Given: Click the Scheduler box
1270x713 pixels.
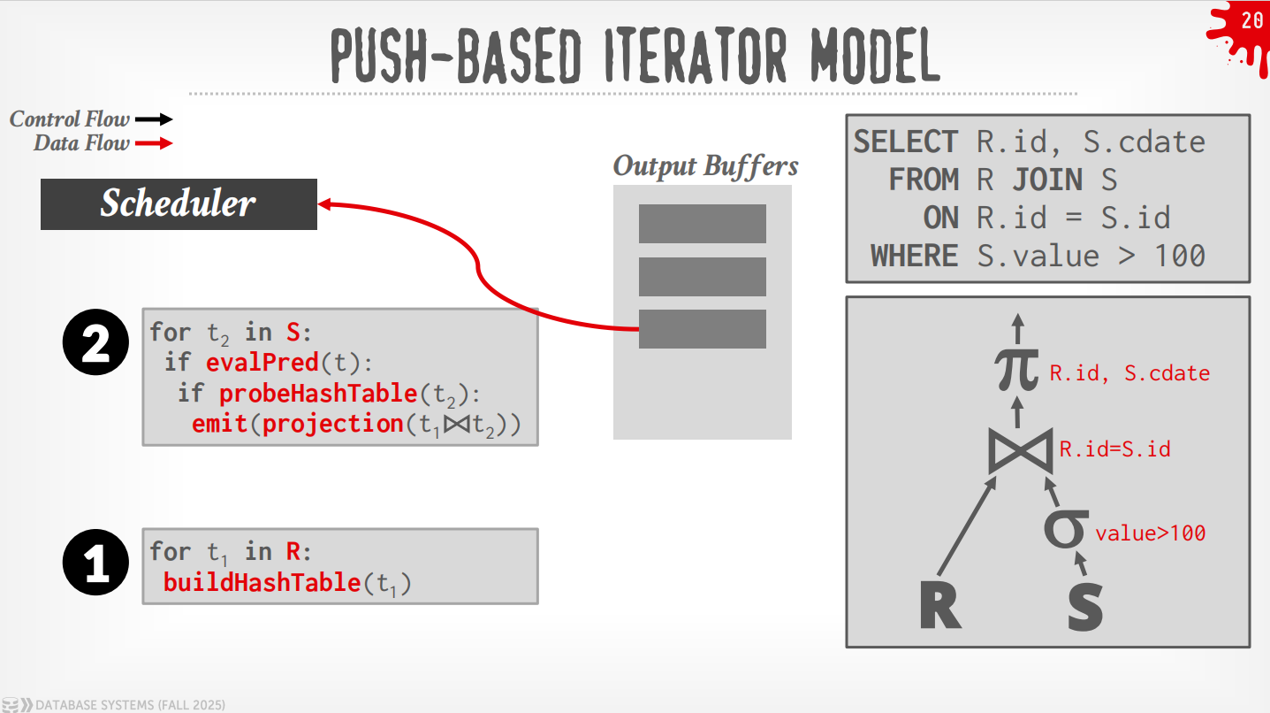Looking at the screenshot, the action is coord(179,204).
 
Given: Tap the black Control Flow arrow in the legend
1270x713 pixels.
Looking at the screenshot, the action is coord(154,119).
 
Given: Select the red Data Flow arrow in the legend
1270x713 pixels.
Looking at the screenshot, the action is coord(154,143).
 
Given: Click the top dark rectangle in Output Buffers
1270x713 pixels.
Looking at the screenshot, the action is coord(703,224).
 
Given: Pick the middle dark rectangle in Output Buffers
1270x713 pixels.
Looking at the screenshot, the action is coord(703,277).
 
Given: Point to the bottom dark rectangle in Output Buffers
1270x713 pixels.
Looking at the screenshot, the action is coord(703,329).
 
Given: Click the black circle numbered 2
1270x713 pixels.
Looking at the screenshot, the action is coord(95,341).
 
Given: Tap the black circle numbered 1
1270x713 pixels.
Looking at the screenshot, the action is coord(95,562).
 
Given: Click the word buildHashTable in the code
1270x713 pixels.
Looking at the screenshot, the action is coord(262,582).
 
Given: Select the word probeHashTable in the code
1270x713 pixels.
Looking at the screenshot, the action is coord(318,393).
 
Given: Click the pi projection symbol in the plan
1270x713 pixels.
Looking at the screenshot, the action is coord(1017,370).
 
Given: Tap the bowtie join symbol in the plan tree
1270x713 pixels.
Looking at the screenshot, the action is coord(1021,451).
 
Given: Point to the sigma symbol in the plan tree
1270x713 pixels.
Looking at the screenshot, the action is coord(1066,529).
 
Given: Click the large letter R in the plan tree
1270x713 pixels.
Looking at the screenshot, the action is coord(940,605).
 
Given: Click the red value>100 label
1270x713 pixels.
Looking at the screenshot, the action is coord(1151,533).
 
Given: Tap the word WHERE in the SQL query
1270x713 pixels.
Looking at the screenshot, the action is coord(915,256).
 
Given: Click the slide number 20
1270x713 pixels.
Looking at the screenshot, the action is coord(1251,21).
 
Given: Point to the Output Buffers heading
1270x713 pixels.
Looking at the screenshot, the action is coord(705,166).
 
